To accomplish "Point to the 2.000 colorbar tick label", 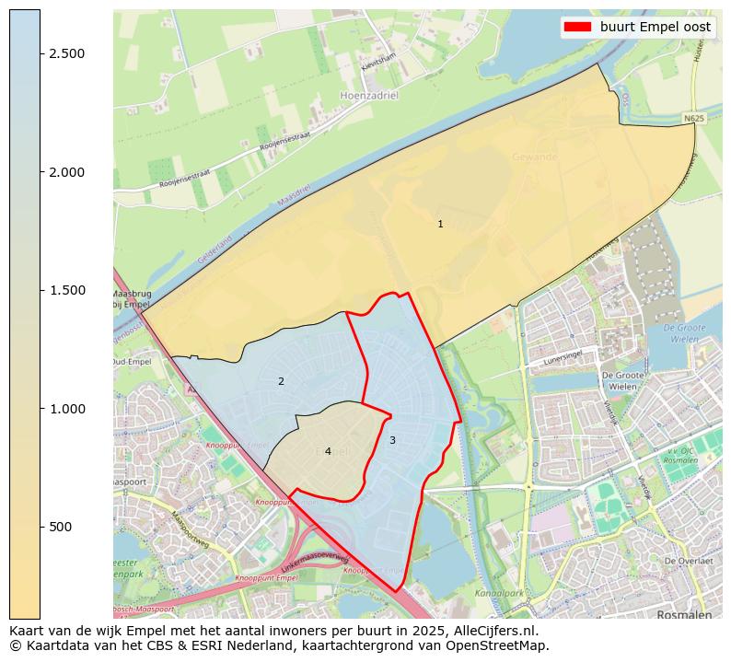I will [66, 172].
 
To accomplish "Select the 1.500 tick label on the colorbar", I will [66, 290].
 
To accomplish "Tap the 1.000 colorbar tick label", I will [66, 409].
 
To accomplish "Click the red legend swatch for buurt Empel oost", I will [578, 27].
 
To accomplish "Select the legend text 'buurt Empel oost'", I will [655, 27].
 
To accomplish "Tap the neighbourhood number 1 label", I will [440, 224].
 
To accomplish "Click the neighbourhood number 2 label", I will [281, 381].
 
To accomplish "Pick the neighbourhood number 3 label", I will [392, 440].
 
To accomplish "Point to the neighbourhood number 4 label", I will [328, 451].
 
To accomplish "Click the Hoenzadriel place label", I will [369, 95].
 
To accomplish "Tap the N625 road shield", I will [694, 119].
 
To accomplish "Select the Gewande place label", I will [535, 157].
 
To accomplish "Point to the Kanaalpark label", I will [498, 592].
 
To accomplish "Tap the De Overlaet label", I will [689, 561].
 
